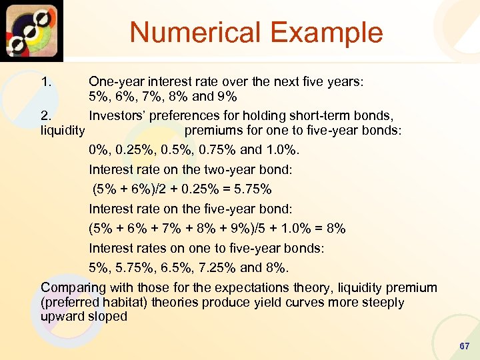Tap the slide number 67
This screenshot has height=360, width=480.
465,347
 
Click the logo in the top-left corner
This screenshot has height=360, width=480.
32,31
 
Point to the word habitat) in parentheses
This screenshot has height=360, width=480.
127,302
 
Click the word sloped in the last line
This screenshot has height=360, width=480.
108,316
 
